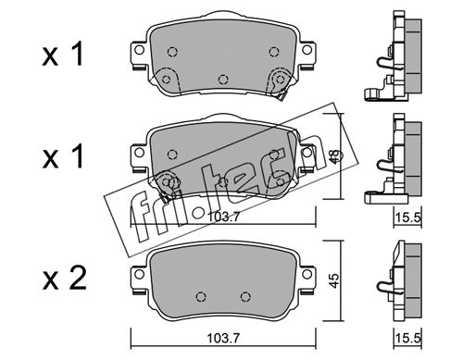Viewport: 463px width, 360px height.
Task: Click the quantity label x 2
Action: (64, 279)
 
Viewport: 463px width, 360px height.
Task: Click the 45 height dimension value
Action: (334, 280)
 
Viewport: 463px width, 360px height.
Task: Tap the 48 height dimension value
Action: (334, 156)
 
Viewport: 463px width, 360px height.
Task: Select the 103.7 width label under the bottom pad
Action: (223, 339)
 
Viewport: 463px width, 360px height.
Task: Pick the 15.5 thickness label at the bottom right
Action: (408, 339)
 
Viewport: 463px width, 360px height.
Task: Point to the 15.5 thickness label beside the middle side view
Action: (408, 217)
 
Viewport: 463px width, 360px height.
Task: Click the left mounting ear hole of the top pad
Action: (140, 50)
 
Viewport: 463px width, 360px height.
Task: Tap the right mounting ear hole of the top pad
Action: (307, 50)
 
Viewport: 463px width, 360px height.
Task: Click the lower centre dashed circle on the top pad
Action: (223, 80)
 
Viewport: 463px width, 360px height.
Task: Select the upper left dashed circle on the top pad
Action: (172, 52)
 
